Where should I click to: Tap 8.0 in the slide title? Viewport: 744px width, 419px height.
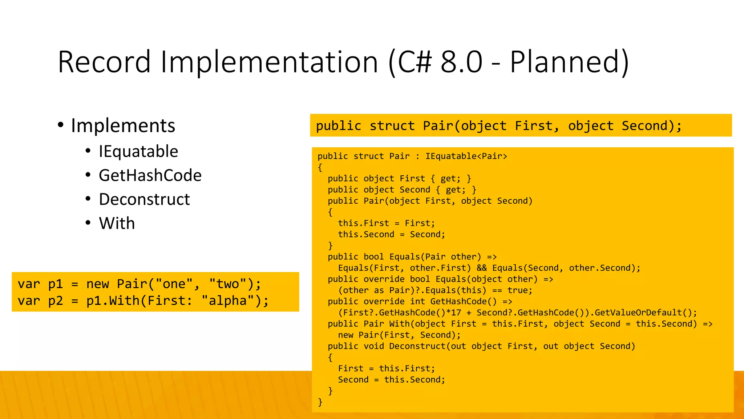(461, 62)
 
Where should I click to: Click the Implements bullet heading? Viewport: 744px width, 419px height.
(123, 125)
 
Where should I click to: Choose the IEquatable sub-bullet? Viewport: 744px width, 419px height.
(138, 151)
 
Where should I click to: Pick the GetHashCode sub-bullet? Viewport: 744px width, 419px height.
(150, 175)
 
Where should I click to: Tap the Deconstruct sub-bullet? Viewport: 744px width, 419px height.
(144, 199)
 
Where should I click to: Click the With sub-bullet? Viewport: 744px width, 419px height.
(117, 223)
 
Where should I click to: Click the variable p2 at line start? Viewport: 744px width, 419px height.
(56, 301)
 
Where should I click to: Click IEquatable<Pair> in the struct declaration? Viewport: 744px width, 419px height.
(466, 156)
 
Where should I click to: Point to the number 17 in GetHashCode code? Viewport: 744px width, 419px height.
(456, 313)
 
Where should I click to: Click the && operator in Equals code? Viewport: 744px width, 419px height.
(482, 268)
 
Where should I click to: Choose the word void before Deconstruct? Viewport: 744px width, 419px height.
(374, 346)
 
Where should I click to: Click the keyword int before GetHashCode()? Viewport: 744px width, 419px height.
(417, 302)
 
